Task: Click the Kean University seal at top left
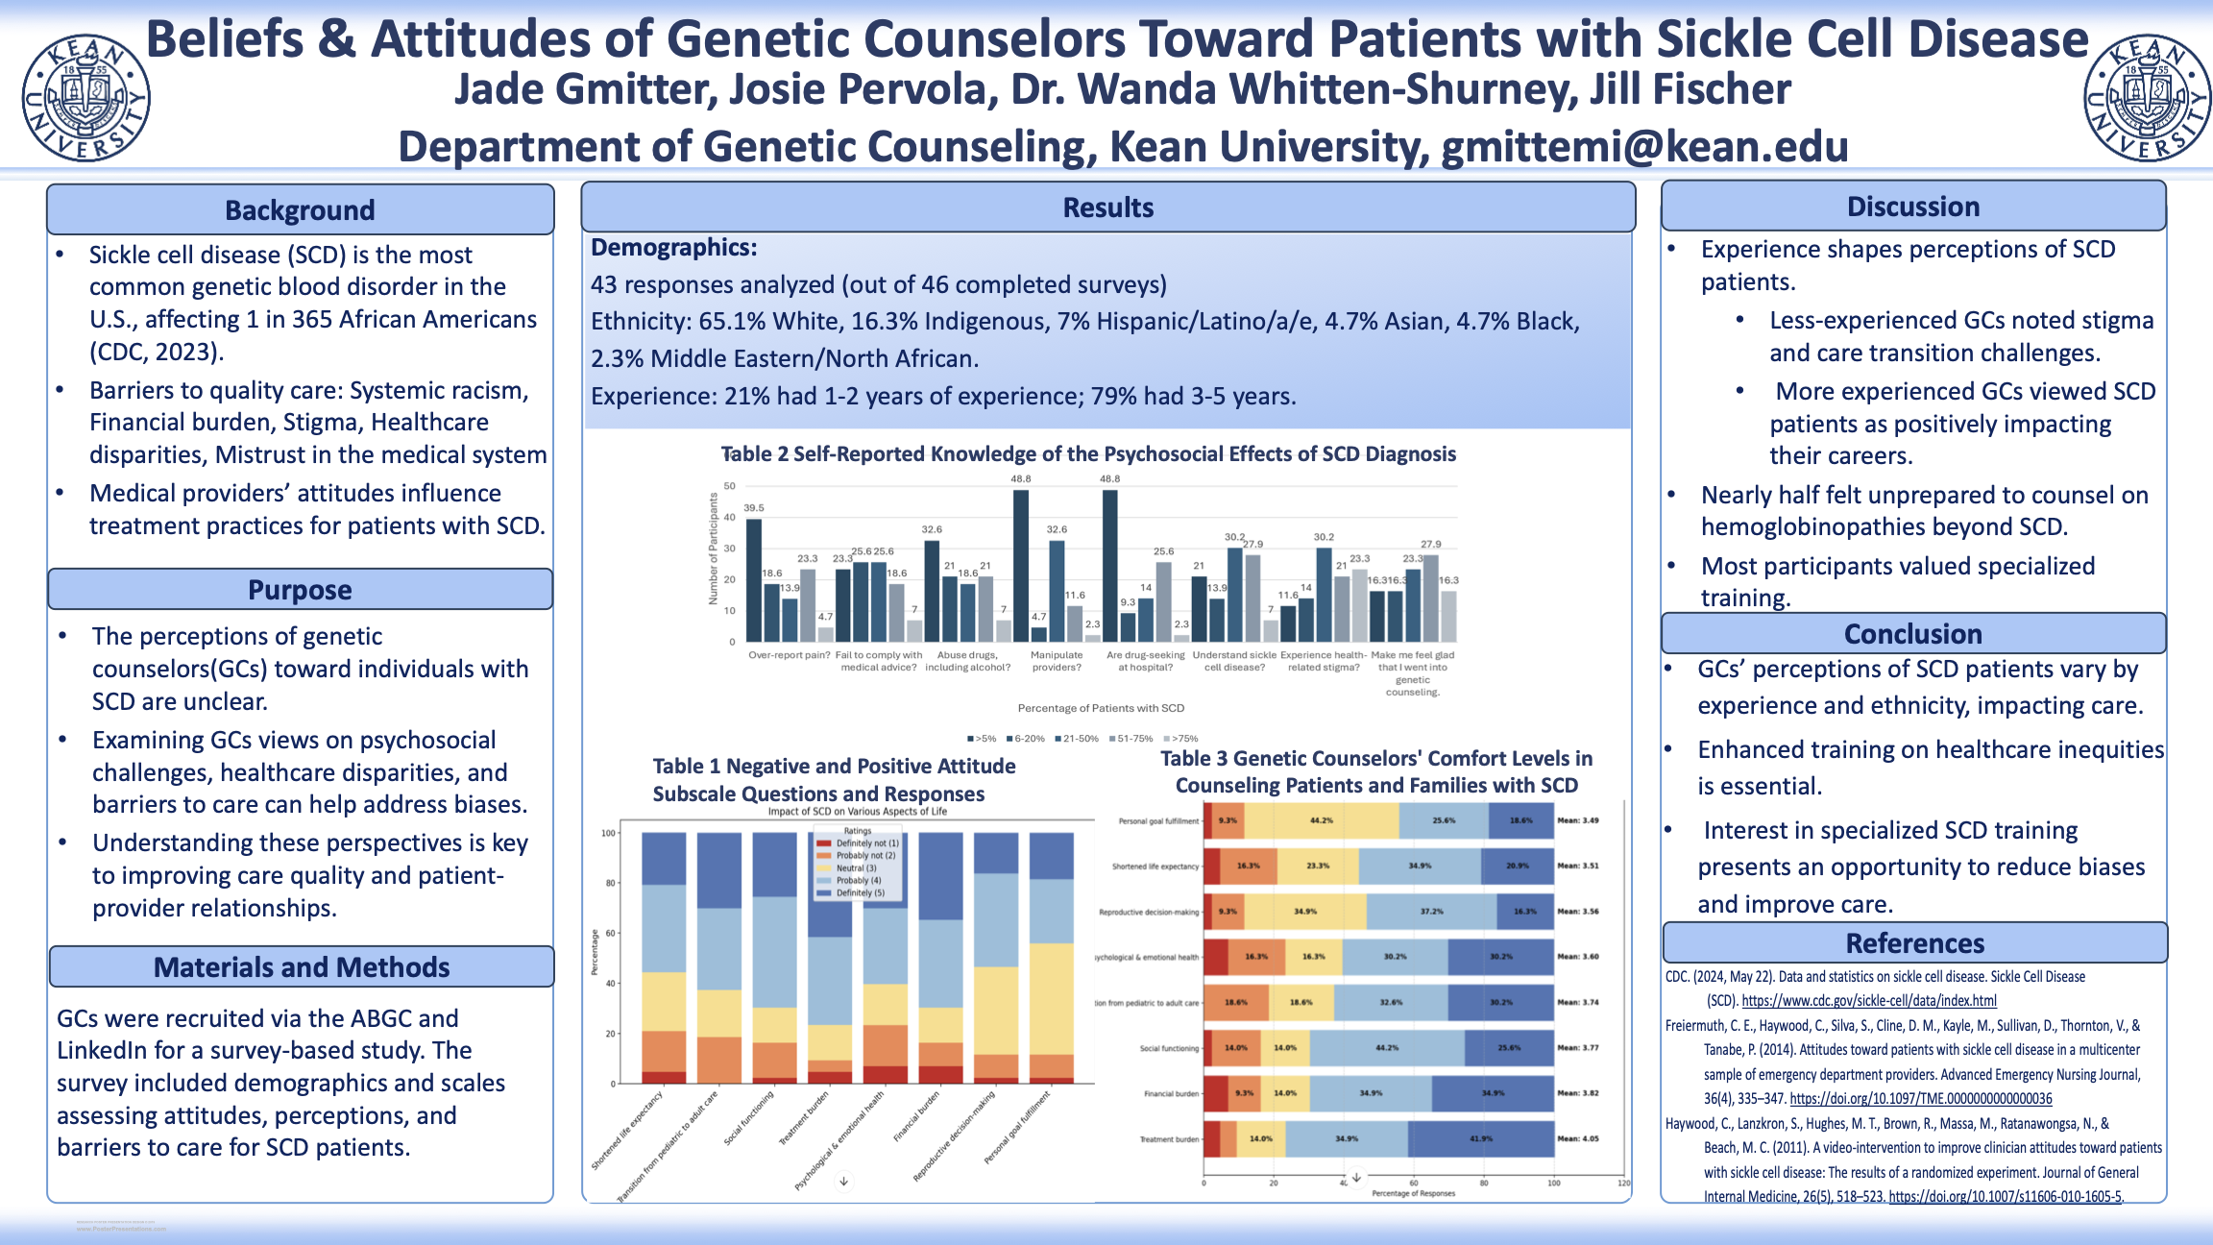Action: click(x=85, y=97)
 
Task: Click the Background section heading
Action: click(x=300, y=210)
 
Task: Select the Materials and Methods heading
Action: click(x=302, y=967)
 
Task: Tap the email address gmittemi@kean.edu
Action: click(x=1644, y=147)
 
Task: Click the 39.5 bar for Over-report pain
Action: click(x=754, y=579)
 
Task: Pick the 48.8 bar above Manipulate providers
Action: click(x=1020, y=565)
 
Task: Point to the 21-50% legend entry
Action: click(x=1077, y=739)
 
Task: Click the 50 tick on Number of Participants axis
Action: click(x=730, y=486)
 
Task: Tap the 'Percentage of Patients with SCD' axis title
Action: click(x=1101, y=708)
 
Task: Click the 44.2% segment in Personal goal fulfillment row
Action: click(x=1322, y=820)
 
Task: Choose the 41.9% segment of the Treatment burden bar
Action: click(x=1480, y=1138)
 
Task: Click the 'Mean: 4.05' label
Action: click(x=1578, y=1138)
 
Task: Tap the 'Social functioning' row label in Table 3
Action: click(x=1169, y=1048)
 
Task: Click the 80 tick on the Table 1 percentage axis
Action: click(x=609, y=883)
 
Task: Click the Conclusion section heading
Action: click(x=1912, y=634)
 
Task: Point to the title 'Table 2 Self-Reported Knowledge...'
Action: click(x=1088, y=454)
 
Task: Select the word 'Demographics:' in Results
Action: click(x=673, y=248)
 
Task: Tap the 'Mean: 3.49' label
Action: click(x=1578, y=820)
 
